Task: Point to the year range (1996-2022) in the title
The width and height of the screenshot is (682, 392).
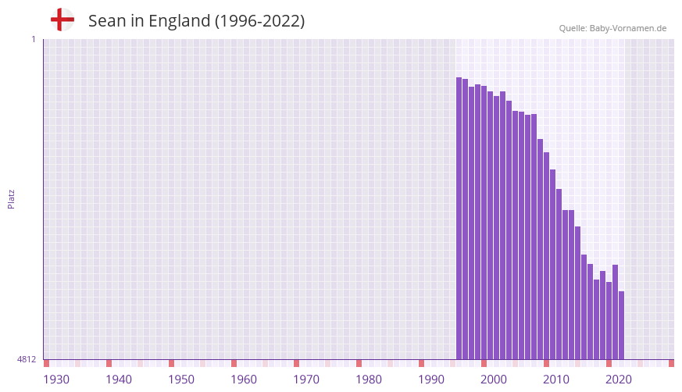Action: (259, 21)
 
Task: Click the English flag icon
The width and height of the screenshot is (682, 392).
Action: (62, 20)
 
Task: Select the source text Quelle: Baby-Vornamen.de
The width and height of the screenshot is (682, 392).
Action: (612, 28)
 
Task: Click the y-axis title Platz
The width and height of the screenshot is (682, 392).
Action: (11, 198)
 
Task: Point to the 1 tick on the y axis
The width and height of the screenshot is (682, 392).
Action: (33, 39)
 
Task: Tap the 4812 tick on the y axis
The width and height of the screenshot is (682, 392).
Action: (27, 359)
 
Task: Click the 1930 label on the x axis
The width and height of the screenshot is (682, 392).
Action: (56, 380)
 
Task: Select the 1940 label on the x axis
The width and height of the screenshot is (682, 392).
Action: (119, 380)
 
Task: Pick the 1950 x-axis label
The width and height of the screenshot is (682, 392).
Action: (181, 380)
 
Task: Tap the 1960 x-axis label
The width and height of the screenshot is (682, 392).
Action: (244, 380)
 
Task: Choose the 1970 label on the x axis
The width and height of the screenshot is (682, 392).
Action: (306, 380)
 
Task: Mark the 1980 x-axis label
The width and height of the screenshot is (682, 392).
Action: (369, 380)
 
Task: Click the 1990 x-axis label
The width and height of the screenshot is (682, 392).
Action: (431, 380)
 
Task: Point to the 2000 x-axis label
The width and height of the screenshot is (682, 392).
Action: (494, 380)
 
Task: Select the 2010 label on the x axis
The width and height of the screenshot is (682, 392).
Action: (556, 380)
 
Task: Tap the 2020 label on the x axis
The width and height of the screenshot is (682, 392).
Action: (619, 380)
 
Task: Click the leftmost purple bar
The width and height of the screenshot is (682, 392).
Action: (459, 219)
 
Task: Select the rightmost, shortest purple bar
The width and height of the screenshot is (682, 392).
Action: (621, 325)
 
